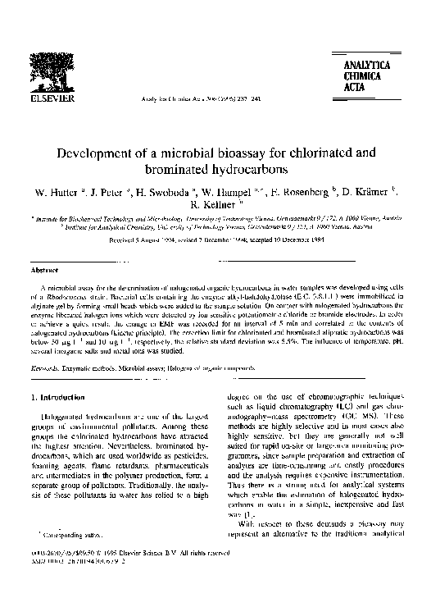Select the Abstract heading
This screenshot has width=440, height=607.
point(43,269)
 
